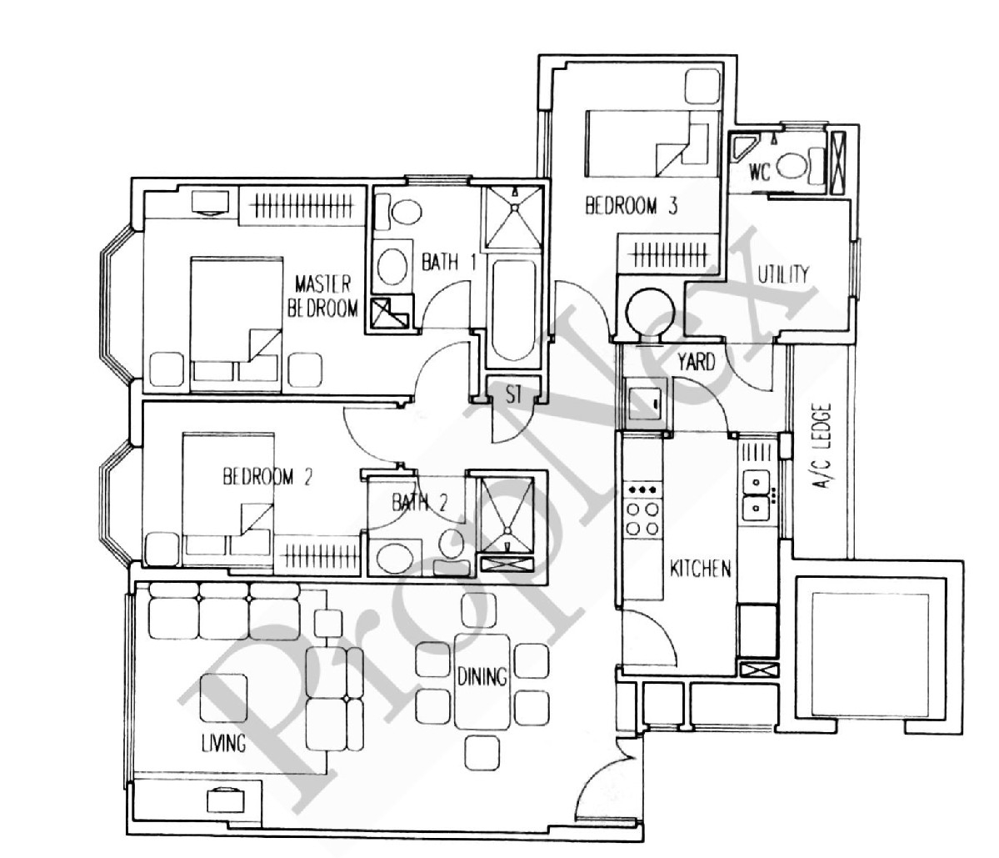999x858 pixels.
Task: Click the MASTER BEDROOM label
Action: (x=322, y=296)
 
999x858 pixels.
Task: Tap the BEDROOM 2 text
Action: (x=267, y=477)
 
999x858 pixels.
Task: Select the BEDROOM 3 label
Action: (x=631, y=206)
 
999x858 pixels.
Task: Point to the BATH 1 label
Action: (x=448, y=261)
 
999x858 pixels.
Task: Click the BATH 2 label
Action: (x=419, y=503)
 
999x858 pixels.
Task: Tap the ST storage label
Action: (x=513, y=394)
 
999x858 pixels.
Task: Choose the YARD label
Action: (x=696, y=362)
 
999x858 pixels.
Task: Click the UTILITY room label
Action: (x=783, y=274)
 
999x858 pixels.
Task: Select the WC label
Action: (x=759, y=172)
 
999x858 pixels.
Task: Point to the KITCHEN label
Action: (x=700, y=569)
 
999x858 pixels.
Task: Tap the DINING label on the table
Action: (x=482, y=676)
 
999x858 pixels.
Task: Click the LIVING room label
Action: (x=223, y=743)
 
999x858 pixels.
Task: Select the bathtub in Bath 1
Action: (x=513, y=310)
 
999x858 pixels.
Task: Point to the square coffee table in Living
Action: (x=223, y=698)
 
